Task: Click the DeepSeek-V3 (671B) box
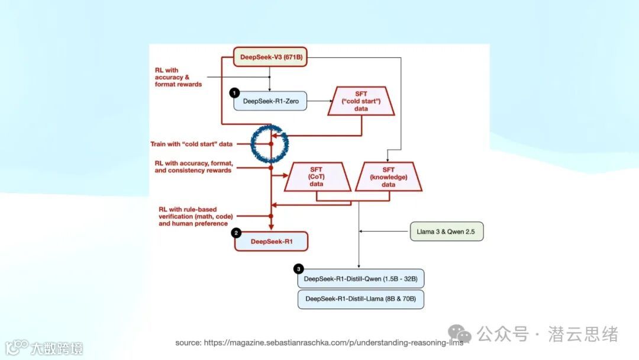point(270,57)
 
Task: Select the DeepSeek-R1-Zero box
point(270,102)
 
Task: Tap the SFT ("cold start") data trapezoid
point(361,101)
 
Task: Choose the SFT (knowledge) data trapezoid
point(388,176)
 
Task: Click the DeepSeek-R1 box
point(271,241)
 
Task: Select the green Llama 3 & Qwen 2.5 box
point(447,231)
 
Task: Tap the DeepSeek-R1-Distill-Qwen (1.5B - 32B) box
point(361,278)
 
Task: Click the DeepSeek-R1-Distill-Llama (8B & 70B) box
point(361,299)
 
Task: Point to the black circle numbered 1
point(234,92)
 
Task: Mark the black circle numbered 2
point(236,233)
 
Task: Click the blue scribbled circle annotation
point(270,143)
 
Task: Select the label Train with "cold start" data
point(191,144)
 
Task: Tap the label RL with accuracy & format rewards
point(178,78)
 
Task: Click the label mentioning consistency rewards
point(193,166)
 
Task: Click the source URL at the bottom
point(318,343)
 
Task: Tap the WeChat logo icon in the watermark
point(460,334)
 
